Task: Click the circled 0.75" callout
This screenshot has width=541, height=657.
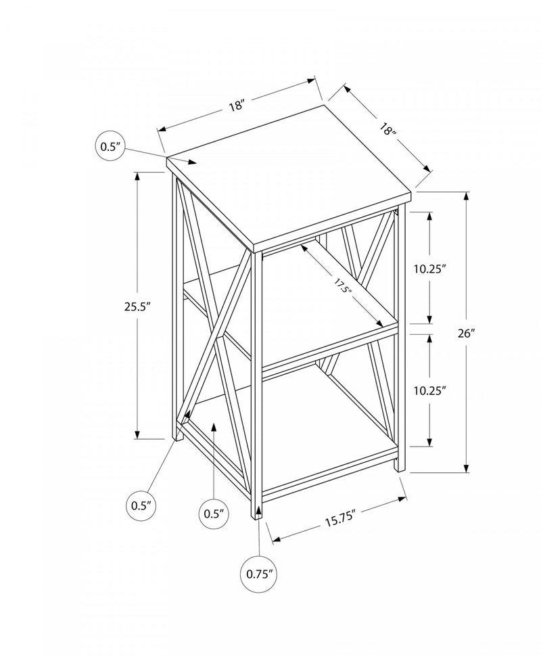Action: (260, 574)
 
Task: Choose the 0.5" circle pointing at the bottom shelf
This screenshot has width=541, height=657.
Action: (213, 513)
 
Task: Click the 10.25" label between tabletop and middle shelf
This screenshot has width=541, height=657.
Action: (431, 269)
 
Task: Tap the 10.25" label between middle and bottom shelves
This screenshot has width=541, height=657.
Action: (431, 390)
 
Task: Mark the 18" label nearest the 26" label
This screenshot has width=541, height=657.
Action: (387, 129)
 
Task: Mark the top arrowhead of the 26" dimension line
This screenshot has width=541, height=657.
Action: (466, 196)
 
